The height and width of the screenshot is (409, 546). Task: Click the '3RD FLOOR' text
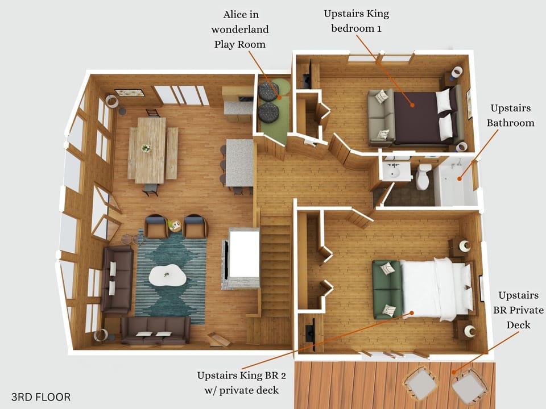coord(41,397)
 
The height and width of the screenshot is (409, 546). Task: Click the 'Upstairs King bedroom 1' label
coord(356,20)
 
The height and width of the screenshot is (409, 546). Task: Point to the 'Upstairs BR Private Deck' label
coord(518,310)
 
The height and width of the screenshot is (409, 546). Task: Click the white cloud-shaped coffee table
coord(168,276)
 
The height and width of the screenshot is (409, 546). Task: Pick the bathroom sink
coord(393,170)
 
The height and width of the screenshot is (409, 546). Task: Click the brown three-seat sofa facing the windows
coord(155,330)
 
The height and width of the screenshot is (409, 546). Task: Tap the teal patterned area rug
coord(171,278)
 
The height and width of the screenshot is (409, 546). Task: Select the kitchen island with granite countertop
coord(239,162)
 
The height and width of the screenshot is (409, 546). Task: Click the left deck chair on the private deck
coord(420,382)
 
